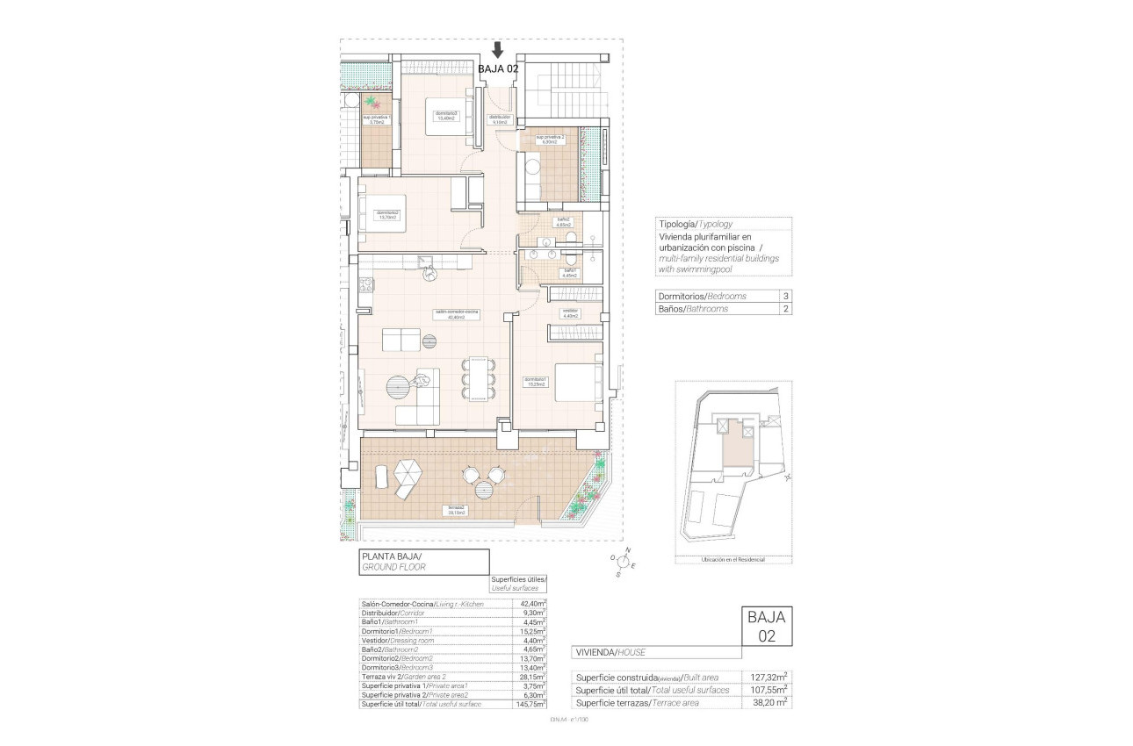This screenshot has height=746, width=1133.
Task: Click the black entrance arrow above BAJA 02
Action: [x=498, y=50]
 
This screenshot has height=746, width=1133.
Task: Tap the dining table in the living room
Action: [x=477, y=378]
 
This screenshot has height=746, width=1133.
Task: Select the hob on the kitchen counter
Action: [x=366, y=284]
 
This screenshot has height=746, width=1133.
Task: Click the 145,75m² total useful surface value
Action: [x=531, y=704]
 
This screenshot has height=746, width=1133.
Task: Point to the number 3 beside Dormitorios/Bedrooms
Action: [x=784, y=297]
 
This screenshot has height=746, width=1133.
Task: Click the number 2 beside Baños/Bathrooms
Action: [x=784, y=309]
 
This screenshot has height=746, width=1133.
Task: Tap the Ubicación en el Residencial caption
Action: [x=732, y=559]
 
